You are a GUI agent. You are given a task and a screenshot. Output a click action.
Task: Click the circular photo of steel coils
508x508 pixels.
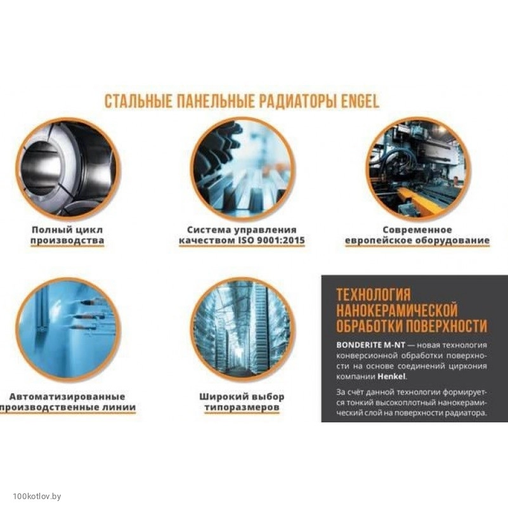click(68, 168)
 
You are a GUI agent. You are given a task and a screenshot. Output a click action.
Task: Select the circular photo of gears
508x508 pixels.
click(242, 168)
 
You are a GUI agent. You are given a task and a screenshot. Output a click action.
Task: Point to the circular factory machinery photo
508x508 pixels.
click(418, 168)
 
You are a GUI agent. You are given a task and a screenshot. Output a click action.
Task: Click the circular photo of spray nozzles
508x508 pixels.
click(68, 329)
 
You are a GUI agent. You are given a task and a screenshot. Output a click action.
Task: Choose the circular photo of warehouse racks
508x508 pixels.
click(242, 329)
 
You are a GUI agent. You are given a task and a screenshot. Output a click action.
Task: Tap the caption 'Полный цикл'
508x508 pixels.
click(67, 230)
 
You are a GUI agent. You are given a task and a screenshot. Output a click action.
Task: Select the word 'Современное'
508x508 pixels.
click(417, 230)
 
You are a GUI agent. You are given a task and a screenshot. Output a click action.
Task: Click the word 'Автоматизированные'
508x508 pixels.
click(67, 396)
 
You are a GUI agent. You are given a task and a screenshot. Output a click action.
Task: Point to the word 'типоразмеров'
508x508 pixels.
click(242, 408)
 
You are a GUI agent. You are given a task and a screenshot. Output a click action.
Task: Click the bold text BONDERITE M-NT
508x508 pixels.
click(370, 345)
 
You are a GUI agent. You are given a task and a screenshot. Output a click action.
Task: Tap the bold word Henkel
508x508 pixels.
click(391, 377)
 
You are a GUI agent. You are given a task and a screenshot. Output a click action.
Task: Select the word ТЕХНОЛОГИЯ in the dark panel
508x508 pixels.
click(374, 295)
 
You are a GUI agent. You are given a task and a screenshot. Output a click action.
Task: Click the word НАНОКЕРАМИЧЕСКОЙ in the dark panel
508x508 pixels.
click(397, 310)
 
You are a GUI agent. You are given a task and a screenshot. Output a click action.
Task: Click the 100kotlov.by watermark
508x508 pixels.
click(37, 496)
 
